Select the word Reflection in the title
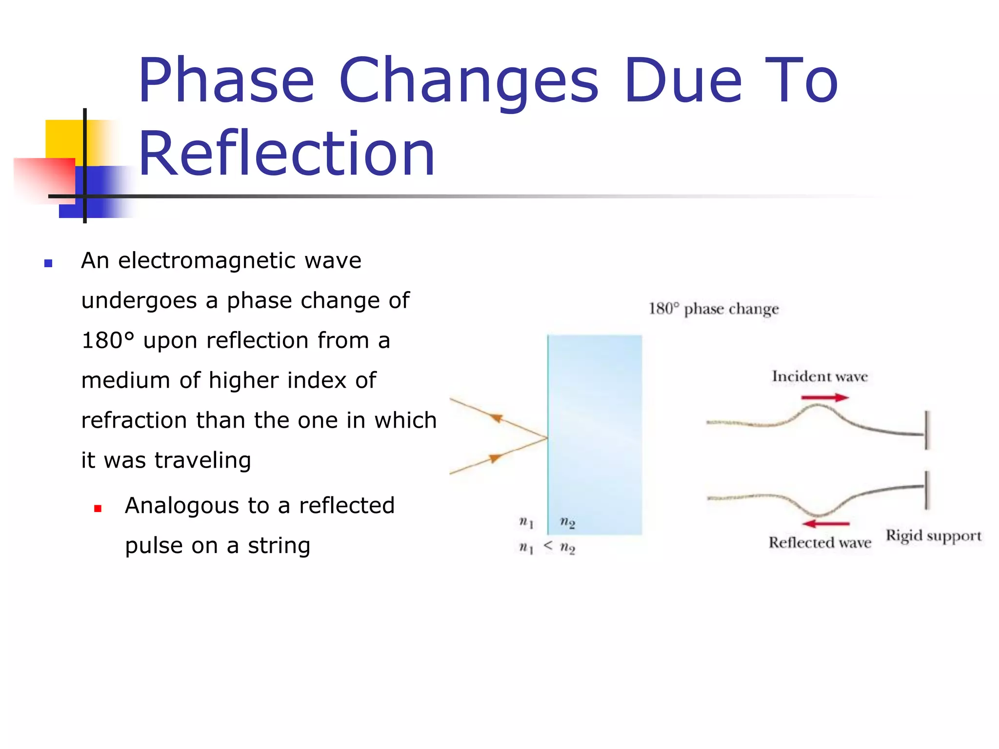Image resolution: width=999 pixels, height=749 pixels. [287, 154]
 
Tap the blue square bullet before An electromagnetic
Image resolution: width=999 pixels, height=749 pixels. [48, 263]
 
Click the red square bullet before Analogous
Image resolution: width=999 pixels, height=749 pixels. [98, 509]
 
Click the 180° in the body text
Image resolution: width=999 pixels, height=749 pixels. [107, 340]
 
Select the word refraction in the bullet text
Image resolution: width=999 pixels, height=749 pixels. [134, 420]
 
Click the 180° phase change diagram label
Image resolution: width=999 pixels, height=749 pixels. [713, 309]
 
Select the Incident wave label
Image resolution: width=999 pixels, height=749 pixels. [819, 376]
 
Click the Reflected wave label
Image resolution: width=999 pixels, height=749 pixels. [819, 543]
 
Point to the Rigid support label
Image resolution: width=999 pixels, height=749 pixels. [933, 536]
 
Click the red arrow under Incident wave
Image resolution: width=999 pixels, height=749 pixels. [824, 397]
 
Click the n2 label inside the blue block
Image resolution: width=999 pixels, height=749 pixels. [567, 523]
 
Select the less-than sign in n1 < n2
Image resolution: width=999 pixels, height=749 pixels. [548, 546]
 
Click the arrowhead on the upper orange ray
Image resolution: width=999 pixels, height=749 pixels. [496, 418]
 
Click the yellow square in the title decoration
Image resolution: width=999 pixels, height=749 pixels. [63, 138]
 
